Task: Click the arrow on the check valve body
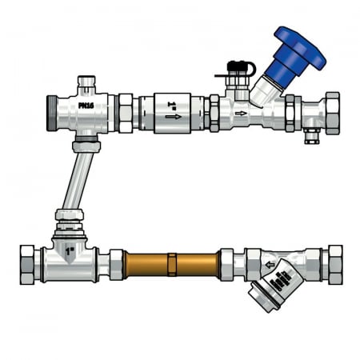click(x=173, y=117)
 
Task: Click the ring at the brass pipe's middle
click(x=172, y=263)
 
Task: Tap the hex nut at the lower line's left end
click(x=26, y=264)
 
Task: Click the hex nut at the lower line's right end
click(x=334, y=264)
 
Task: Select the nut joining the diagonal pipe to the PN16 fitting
click(x=86, y=146)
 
